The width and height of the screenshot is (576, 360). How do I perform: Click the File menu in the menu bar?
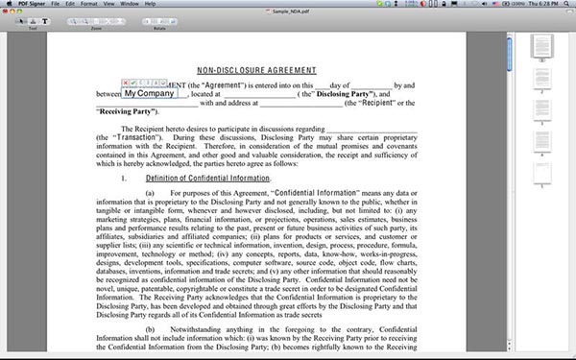[x=57, y=4]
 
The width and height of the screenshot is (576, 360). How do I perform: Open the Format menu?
[x=89, y=4]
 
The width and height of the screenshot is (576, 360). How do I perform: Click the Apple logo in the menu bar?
[x=8, y=4]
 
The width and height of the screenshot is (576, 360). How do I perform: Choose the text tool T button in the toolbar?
[x=44, y=20]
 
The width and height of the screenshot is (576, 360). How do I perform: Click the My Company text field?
[x=150, y=94]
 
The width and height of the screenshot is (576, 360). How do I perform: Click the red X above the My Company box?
[x=128, y=84]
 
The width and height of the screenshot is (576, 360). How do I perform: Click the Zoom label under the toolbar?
[x=96, y=29]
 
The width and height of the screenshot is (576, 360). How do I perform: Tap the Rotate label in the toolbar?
[x=159, y=29]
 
